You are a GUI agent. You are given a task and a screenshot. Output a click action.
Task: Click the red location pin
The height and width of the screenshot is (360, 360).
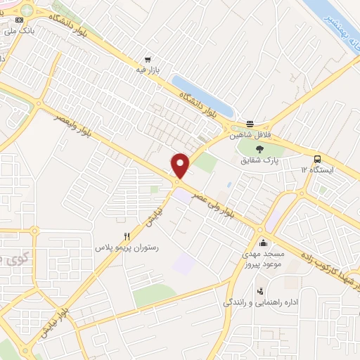pos(181,165)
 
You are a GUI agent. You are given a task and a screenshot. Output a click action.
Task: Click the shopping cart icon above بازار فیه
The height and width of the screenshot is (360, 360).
pos(147,60)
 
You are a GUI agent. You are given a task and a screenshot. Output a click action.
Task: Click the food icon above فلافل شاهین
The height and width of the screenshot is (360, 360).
pos(250,122)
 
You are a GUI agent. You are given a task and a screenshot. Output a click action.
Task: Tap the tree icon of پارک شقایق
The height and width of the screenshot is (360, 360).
pos(260,148)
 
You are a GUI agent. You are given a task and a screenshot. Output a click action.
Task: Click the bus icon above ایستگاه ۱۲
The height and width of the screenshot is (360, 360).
pos(318,159)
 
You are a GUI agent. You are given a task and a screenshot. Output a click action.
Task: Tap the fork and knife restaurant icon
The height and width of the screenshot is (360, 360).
pos(127,237)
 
